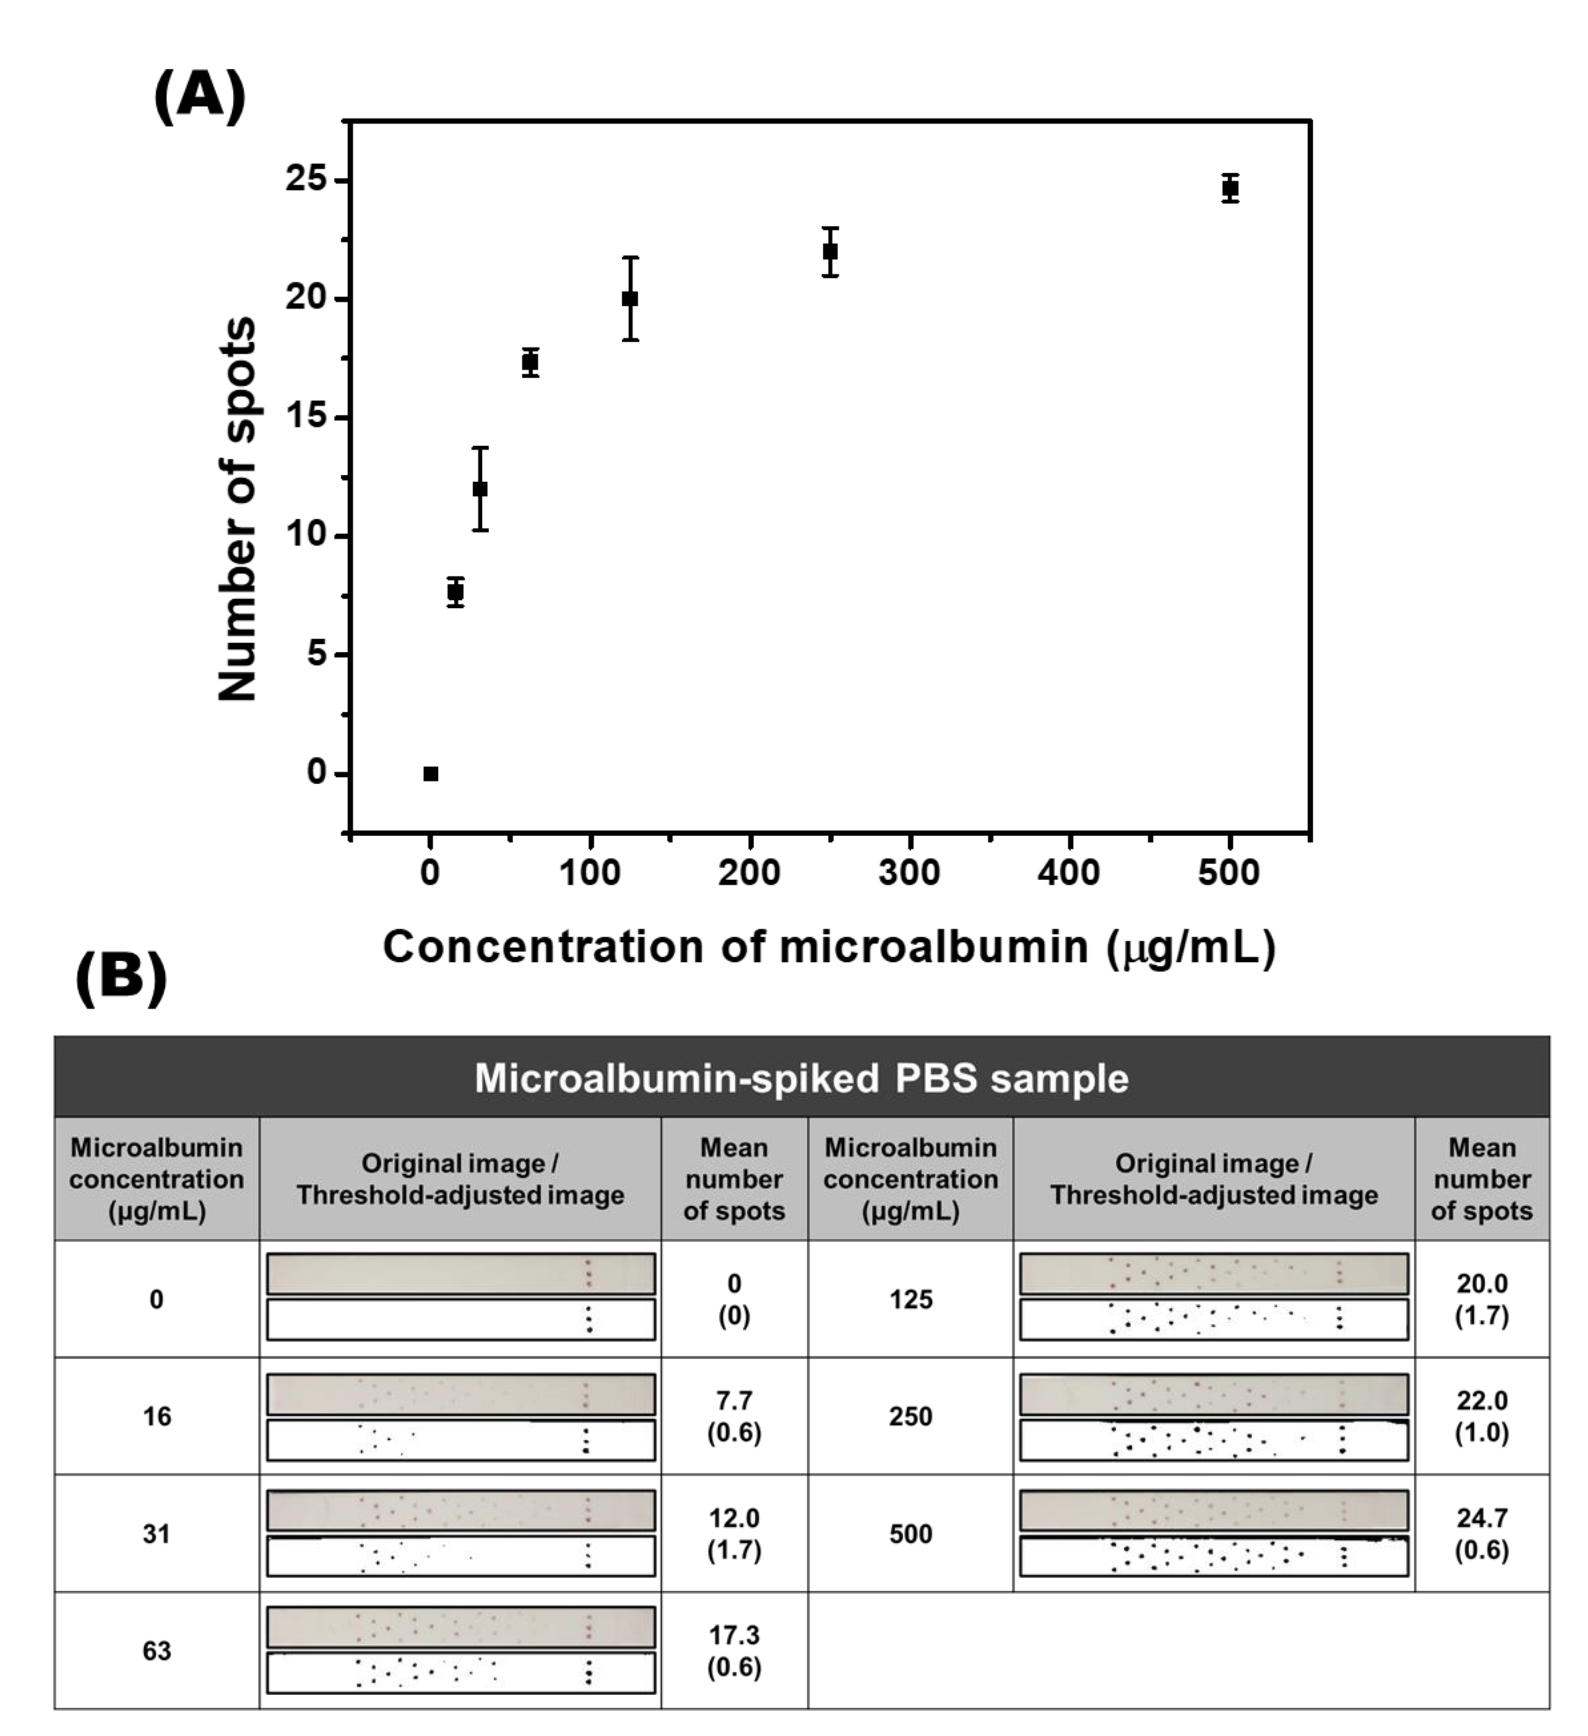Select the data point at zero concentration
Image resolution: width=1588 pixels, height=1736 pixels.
[430, 773]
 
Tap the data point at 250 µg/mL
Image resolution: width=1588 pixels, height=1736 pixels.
[830, 251]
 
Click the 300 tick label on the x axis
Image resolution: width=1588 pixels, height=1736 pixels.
[910, 872]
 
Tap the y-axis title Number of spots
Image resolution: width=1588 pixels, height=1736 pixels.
[237, 510]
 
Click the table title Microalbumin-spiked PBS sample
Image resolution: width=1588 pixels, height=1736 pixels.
[801, 1078]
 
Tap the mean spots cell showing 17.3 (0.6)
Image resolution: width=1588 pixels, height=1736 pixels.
[734, 1651]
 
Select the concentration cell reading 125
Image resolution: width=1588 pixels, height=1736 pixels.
[910, 1299]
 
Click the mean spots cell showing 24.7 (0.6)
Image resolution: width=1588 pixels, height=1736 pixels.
[1481, 1534]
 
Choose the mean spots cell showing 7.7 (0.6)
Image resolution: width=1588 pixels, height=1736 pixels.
[734, 1416]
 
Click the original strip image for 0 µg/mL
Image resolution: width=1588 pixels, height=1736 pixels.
[461, 1273]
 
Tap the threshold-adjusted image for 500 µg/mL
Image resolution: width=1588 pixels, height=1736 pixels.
[1213, 1556]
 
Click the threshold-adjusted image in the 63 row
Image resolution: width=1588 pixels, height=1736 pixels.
[461, 1672]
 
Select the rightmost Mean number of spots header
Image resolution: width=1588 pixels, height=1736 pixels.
[1481, 1179]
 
